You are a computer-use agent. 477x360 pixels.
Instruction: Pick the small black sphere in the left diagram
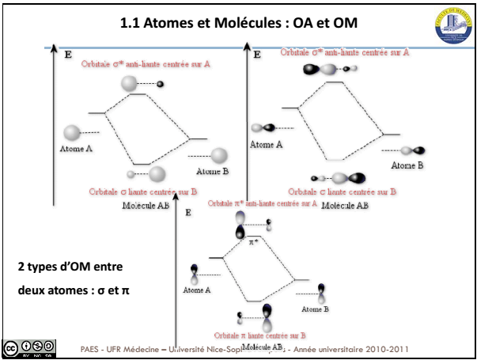pos(161,84)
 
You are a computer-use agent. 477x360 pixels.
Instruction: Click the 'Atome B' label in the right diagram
pos(407,165)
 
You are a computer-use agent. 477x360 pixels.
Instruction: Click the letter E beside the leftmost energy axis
pos(66,55)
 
